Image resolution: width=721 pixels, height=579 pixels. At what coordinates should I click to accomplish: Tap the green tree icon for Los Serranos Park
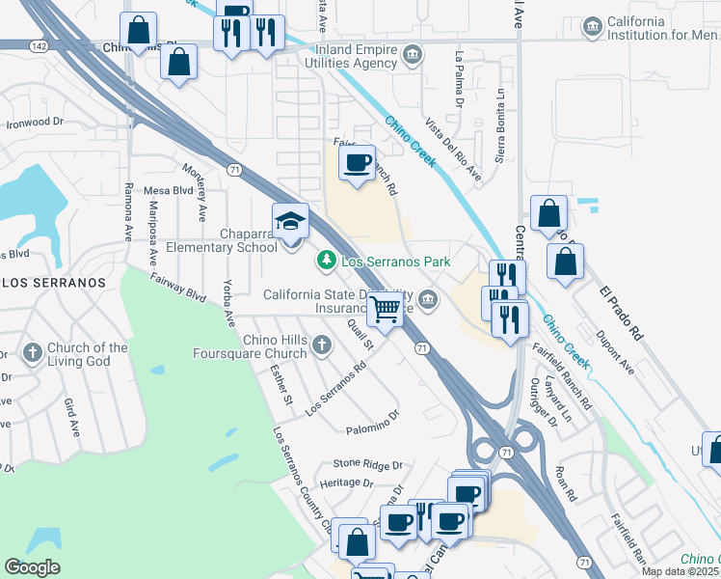(326, 261)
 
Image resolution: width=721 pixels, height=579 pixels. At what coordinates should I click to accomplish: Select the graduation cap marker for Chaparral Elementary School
(290, 222)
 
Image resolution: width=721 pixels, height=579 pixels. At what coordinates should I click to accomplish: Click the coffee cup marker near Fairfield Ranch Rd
(358, 162)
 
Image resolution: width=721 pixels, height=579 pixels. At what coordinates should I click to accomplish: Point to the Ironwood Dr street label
(35, 123)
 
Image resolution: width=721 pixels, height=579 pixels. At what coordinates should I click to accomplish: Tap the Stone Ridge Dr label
(368, 464)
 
